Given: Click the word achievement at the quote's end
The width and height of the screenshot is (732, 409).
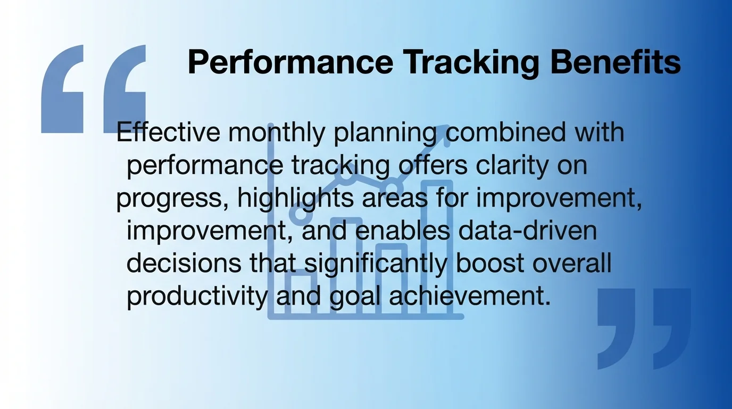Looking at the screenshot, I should (x=468, y=297).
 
